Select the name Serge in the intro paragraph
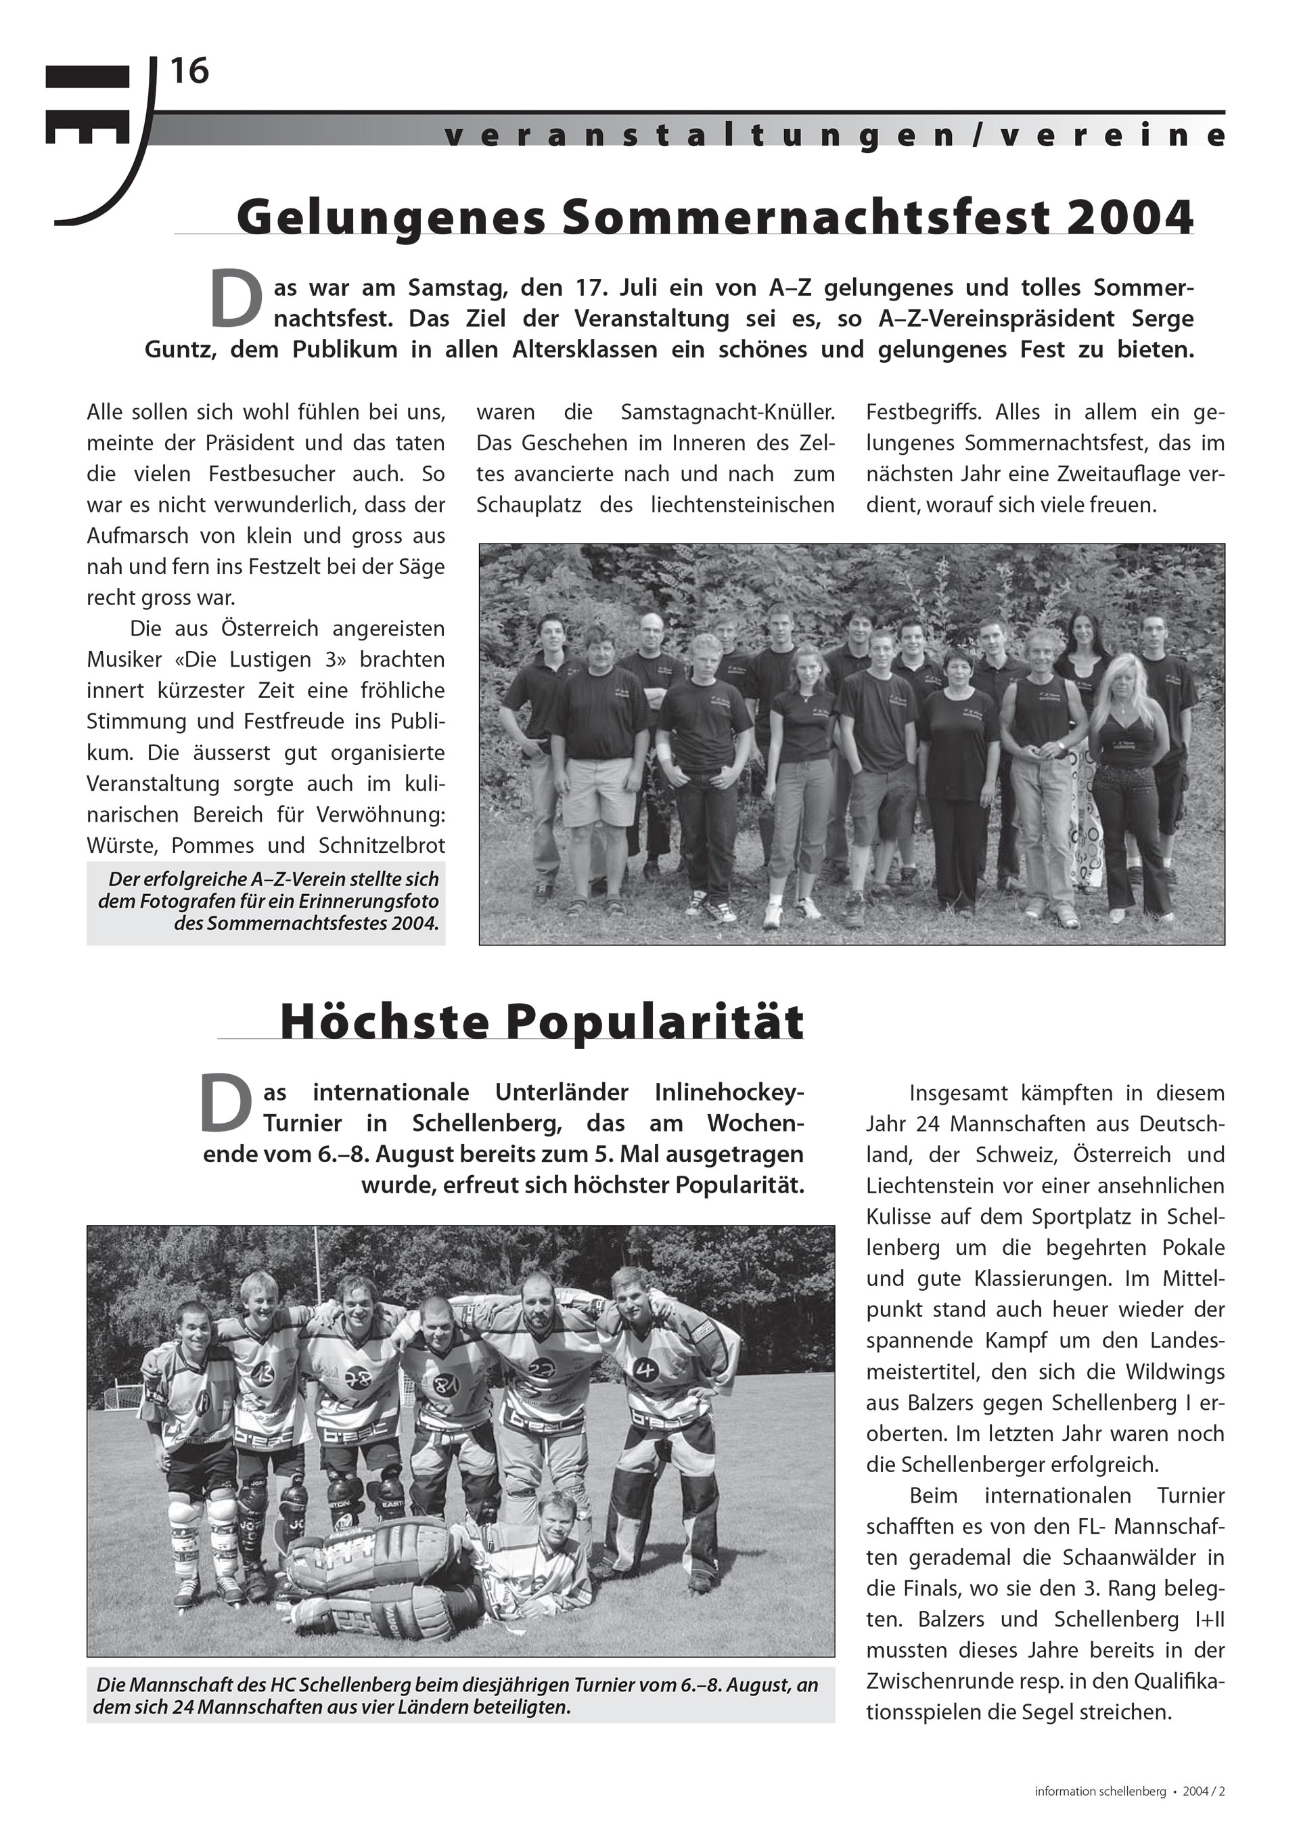click(x=1162, y=319)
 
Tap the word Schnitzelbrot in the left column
click(x=381, y=846)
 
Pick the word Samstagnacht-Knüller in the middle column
click(x=728, y=412)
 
